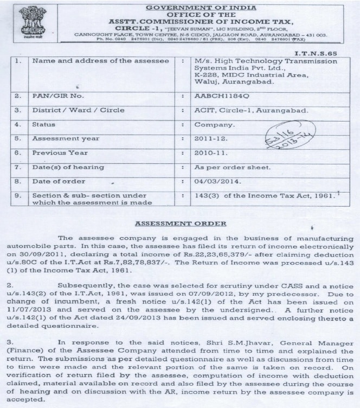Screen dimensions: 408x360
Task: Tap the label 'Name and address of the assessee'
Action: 101,61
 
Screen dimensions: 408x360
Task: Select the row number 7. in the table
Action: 18,167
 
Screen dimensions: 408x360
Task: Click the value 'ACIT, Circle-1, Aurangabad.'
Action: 252,110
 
